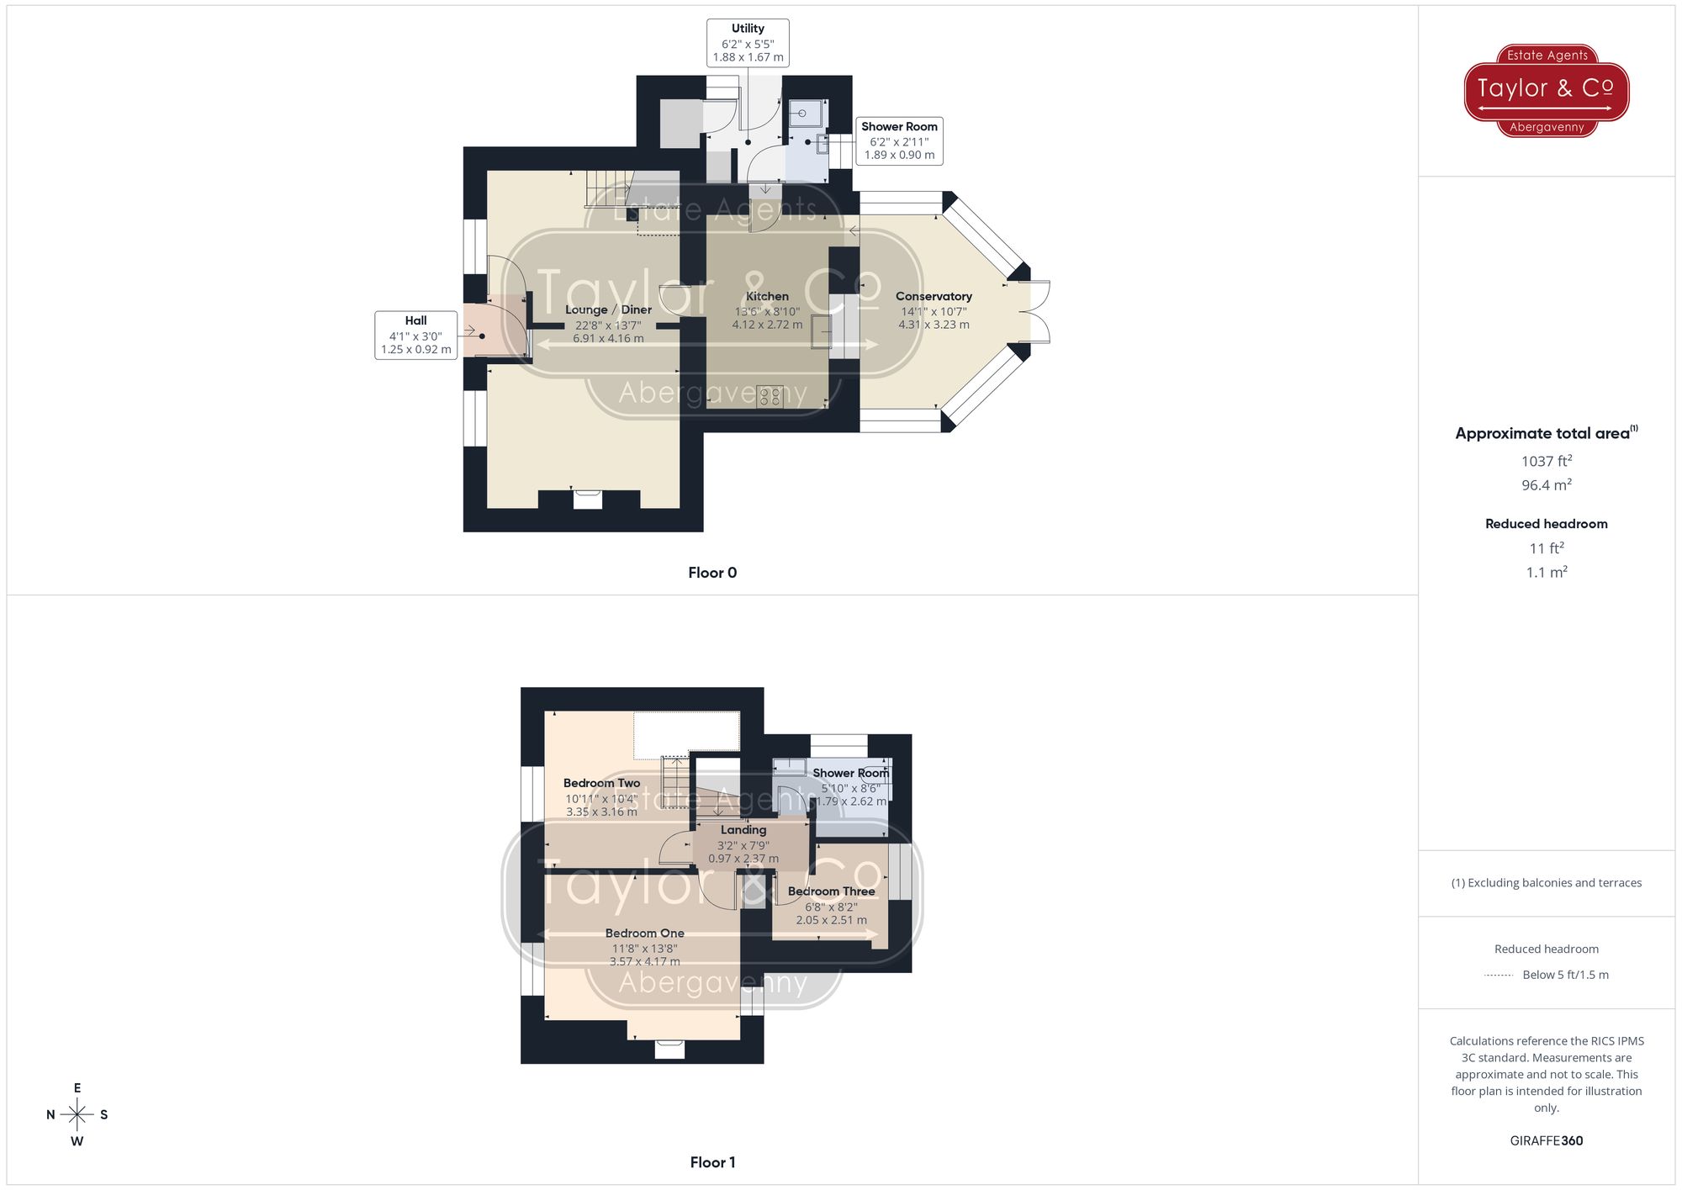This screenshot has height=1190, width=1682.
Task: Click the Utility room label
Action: (748, 29)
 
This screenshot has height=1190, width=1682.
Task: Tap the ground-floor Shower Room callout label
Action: (899, 127)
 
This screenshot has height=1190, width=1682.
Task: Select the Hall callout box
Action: (415, 335)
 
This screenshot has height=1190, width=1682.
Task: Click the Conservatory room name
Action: (934, 296)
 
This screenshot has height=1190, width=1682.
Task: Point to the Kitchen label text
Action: (767, 296)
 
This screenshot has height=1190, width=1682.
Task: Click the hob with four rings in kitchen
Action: (770, 396)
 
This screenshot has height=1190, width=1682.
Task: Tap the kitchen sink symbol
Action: (821, 331)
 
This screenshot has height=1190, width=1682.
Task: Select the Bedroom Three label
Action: (831, 891)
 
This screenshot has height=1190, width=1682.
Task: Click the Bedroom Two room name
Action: (601, 783)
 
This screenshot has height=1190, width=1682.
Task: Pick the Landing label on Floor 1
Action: (743, 830)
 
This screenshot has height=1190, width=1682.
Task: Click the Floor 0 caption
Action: (712, 573)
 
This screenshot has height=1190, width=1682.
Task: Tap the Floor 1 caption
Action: (712, 1162)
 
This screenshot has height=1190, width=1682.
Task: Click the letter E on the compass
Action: (77, 1088)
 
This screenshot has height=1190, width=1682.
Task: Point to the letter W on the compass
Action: (77, 1141)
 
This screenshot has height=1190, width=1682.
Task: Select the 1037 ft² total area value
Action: (1546, 461)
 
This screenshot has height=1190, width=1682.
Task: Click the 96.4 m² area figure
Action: (1546, 485)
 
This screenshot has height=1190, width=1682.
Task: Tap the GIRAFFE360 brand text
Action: (1546, 1140)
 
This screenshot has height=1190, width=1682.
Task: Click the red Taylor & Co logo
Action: (1546, 90)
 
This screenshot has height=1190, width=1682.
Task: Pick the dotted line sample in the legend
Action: (1499, 976)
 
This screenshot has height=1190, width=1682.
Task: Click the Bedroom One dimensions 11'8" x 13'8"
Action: (644, 949)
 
